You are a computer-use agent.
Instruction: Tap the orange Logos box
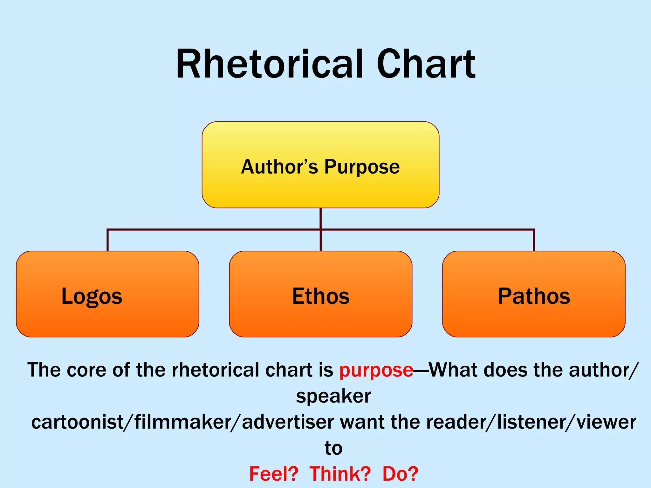(107, 294)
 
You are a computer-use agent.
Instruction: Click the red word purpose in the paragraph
(376, 370)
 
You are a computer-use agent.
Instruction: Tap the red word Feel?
(274, 474)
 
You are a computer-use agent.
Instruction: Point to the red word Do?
(400, 474)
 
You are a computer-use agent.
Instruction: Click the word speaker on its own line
(333, 396)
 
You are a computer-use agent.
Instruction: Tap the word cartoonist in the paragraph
(77, 422)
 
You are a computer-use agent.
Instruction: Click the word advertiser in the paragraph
(288, 422)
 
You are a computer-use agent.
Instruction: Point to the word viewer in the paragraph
(606, 422)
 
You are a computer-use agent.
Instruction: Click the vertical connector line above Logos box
(108, 241)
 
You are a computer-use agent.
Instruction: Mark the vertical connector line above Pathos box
(534, 241)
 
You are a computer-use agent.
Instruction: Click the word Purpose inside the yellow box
(362, 167)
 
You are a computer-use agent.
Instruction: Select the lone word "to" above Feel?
(333, 448)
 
